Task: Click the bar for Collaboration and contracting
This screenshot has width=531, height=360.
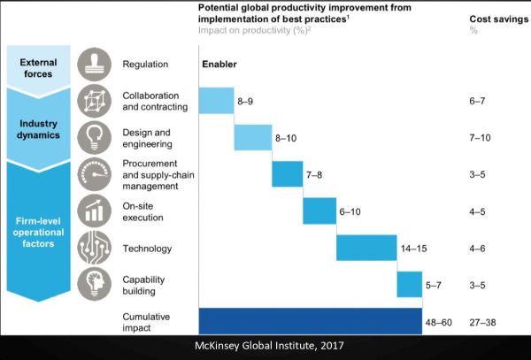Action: [215, 101]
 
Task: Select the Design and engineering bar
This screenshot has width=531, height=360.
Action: [252, 138]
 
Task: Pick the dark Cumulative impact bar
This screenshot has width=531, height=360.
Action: [310, 321]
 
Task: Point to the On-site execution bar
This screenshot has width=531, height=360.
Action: [319, 211]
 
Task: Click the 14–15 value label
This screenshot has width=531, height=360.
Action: [414, 249]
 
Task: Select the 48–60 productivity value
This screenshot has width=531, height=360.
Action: [438, 321]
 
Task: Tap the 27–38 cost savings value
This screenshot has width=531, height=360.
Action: [482, 321]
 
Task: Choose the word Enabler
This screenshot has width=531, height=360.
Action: [219, 65]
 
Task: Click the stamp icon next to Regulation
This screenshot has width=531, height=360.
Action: [93, 65]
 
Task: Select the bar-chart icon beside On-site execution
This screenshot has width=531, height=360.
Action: [93, 211]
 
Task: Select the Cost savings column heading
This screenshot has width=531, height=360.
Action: [493, 19]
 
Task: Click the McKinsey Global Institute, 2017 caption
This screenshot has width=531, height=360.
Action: [265, 347]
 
